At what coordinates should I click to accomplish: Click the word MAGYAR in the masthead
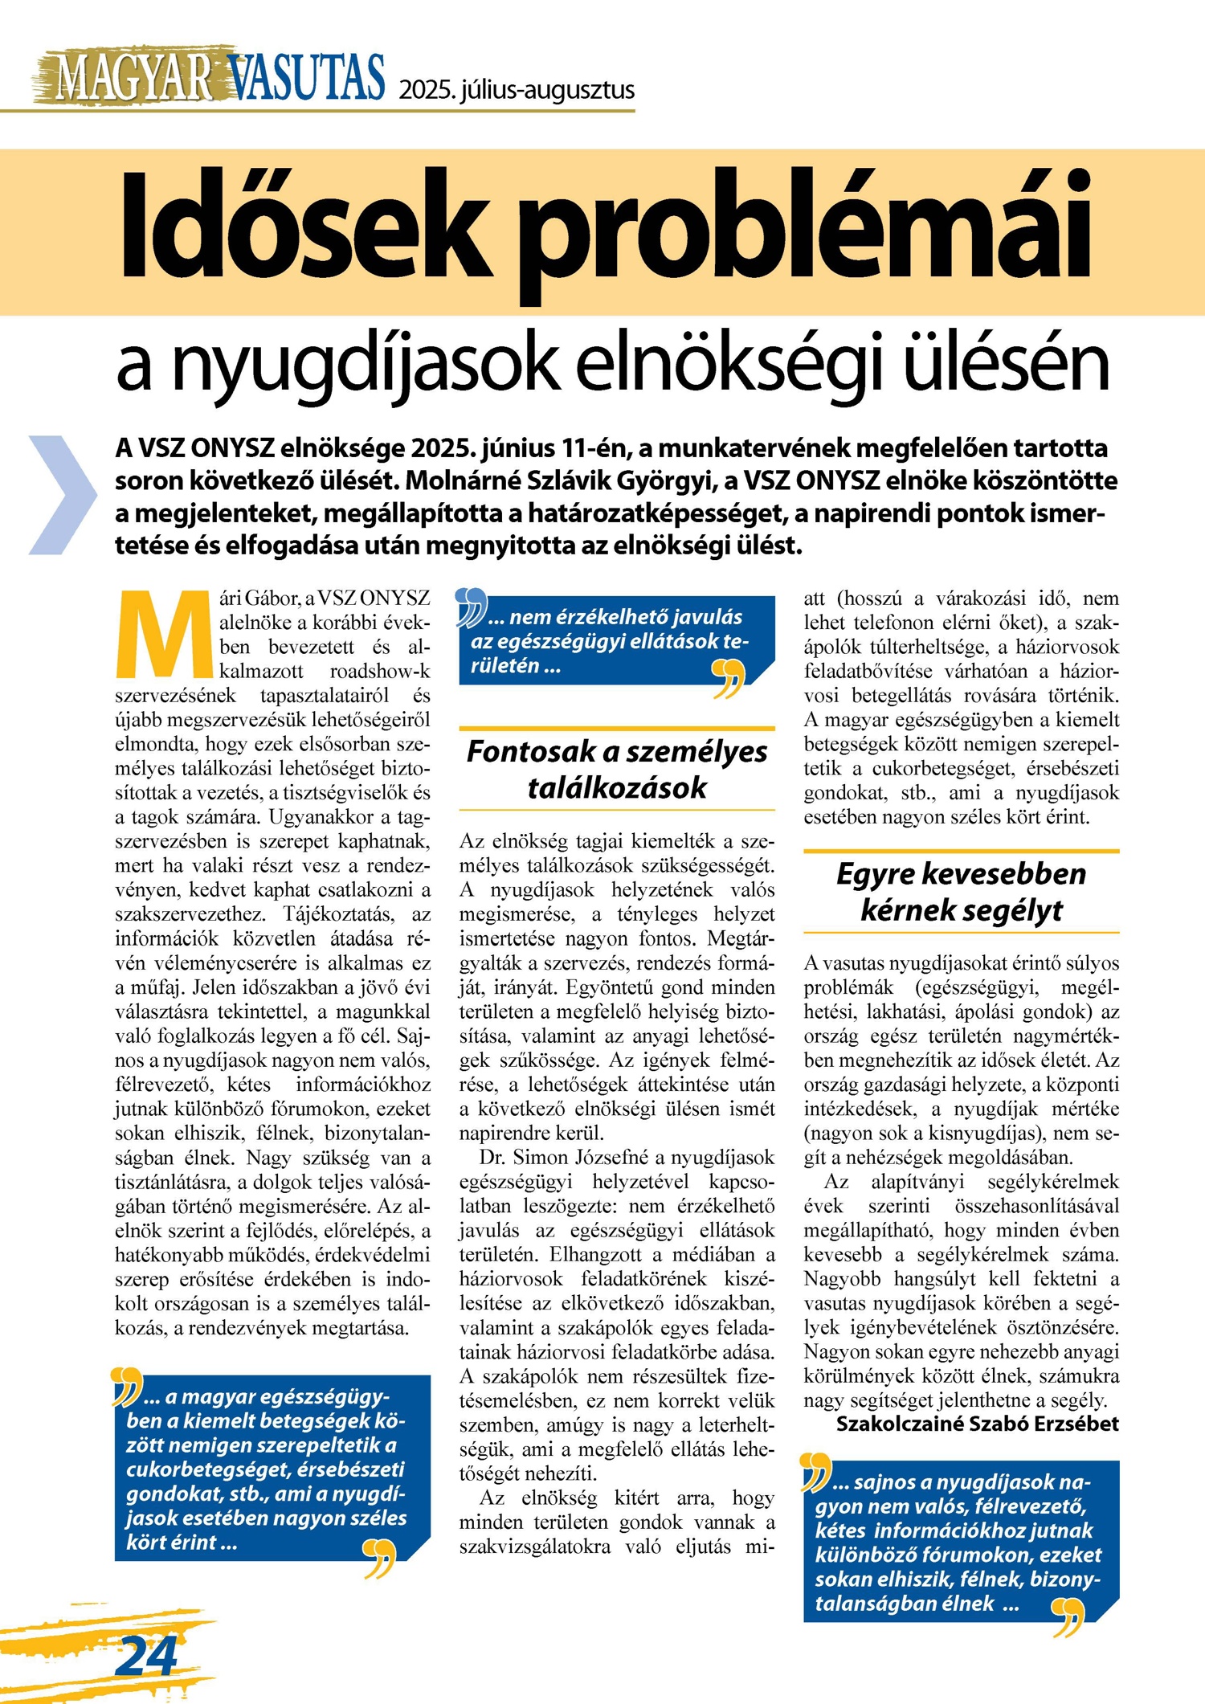(133, 79)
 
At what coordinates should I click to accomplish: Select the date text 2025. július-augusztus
(517, 90)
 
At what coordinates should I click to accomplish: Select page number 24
(147, 1655)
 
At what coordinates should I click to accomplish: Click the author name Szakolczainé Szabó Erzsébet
(977, 1424)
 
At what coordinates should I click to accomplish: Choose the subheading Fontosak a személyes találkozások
(617, 769)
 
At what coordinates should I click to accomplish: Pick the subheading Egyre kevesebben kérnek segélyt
(961, 891)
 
